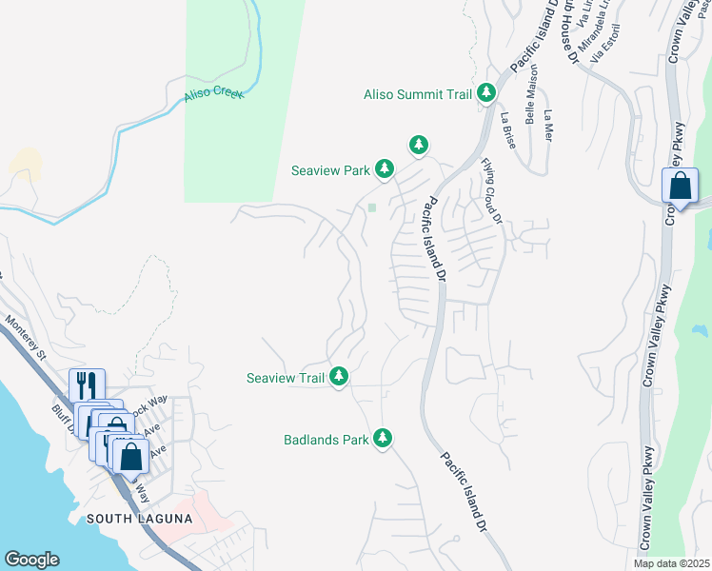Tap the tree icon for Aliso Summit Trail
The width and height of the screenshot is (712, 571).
point(487,92)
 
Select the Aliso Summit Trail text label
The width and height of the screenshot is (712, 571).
point(418,94)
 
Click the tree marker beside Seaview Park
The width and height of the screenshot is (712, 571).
point(384,169)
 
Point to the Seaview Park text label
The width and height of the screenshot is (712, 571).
point(330,171)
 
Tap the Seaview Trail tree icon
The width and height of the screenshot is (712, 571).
point(339,377)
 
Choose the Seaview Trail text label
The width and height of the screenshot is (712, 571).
point(286,378)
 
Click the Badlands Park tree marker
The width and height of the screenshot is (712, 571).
point(383,438)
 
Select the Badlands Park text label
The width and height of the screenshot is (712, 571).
point(326,440)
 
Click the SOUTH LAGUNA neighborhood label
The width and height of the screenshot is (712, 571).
point(139,519)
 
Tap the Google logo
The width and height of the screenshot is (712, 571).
point(31,560)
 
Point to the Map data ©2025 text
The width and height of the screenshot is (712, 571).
point(671,563)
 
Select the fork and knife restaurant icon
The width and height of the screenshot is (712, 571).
point(86,384)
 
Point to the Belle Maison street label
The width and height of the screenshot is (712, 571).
point(531,82)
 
